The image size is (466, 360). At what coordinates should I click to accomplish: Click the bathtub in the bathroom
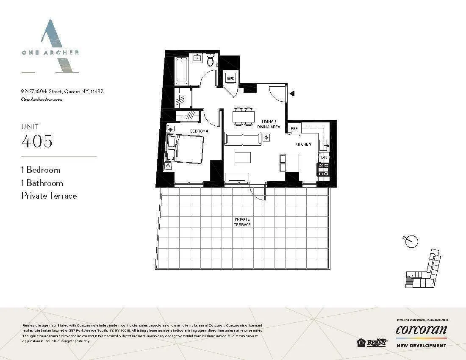[182, 70]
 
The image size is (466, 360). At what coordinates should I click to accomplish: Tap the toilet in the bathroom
[211, 61]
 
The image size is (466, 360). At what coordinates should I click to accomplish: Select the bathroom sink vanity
[197, 58]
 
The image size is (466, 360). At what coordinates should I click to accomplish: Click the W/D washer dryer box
[231, 78]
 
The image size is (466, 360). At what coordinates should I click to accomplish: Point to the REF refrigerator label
[294, 129]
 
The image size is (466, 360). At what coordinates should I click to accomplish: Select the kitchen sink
[324, 144]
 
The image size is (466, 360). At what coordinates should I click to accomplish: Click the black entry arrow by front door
[291, 94]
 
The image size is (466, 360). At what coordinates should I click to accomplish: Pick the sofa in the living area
[242, 138]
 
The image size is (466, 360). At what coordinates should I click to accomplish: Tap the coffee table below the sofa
[243, 157]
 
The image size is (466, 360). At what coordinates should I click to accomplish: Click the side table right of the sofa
[266, 137]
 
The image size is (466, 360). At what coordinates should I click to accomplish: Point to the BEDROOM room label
[199, 131]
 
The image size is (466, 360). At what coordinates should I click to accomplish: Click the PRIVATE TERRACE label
[242, 222]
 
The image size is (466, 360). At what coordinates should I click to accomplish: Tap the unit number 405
[37, 141]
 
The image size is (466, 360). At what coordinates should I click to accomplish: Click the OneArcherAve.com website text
[42, 100]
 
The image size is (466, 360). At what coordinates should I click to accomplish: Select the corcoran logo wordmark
[421, 330]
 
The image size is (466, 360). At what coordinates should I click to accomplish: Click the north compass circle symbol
[411, 241]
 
